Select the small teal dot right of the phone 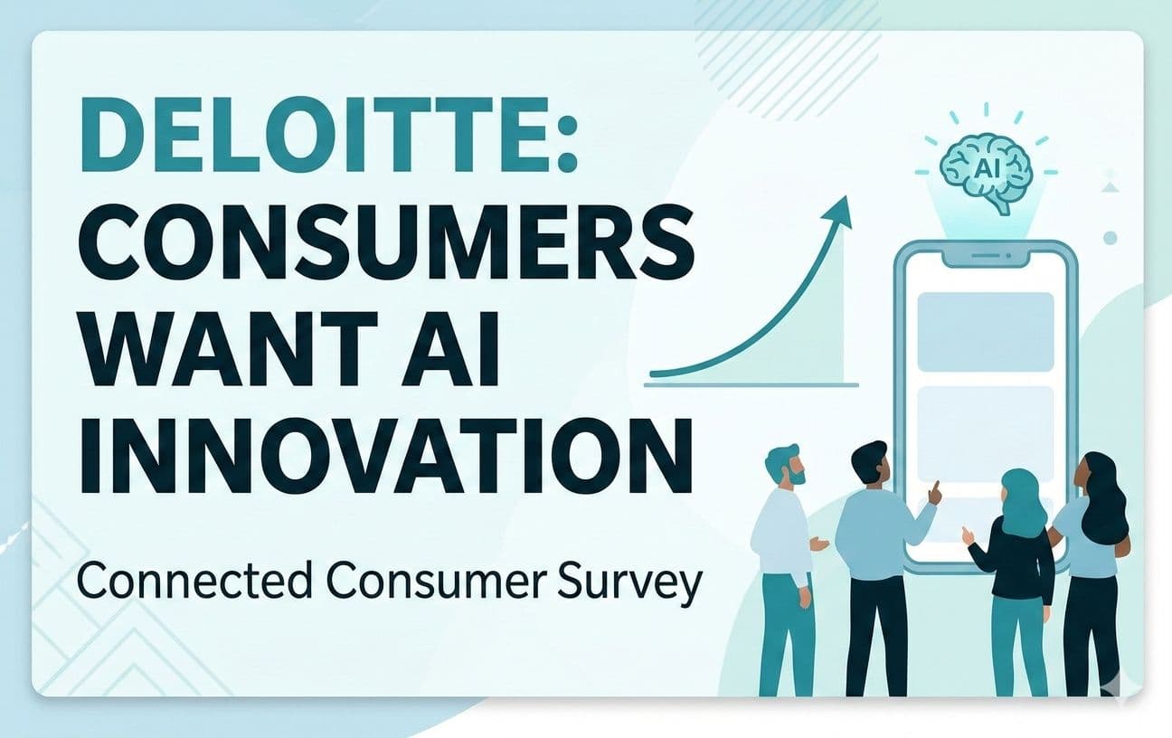tap(1111, 238)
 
